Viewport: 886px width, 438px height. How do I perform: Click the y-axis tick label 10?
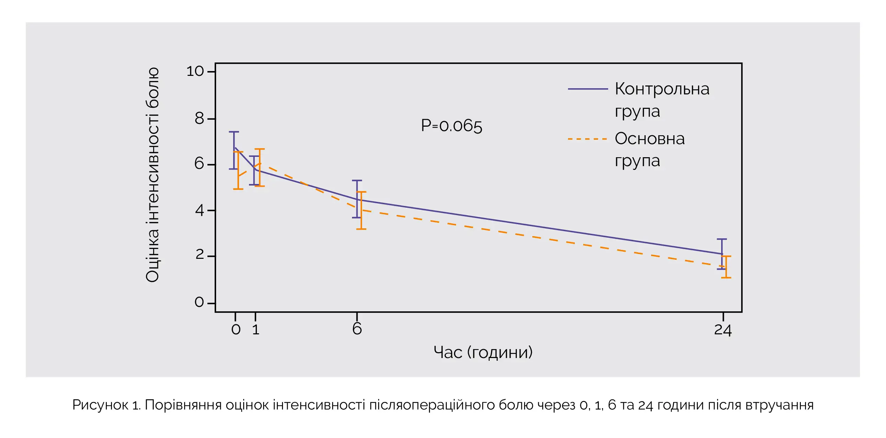click(x=195, y=71)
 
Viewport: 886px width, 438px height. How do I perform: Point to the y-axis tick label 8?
click(x=199, y=119)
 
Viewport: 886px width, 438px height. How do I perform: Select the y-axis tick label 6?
click(x=199, y=164)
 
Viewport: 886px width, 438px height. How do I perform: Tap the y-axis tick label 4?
click(x=200, y=210)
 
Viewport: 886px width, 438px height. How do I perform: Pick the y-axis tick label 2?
click(x=200, y=255)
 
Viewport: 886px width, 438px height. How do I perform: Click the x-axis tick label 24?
click(x=723, y=330)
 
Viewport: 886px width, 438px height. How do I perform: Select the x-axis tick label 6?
click(x=357, y=329)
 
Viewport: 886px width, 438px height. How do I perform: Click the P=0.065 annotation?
click(x=452, y=126)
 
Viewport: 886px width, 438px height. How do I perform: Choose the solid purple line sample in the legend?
click(x=588, y=89)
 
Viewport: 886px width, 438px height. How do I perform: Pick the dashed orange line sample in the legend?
click(x=588, y=139)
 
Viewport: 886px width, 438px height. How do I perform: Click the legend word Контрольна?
click(x=662, y=89)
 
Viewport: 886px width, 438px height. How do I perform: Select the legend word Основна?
click(x=650, y=139)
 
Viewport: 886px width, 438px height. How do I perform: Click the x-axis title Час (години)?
click(x=483, y=353)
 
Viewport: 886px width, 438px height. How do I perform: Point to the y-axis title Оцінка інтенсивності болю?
click(x=152, y=175)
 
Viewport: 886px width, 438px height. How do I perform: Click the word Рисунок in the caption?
click(x=100, y=405)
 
